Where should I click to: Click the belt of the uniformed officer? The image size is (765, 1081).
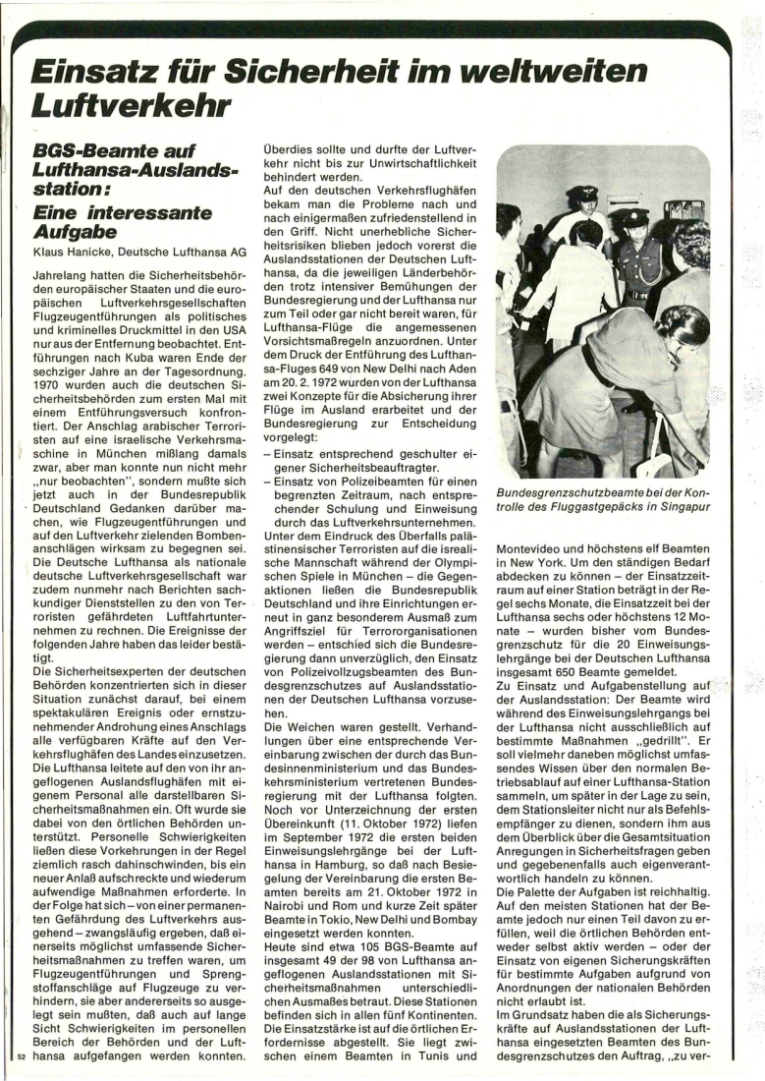click(637, 293)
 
